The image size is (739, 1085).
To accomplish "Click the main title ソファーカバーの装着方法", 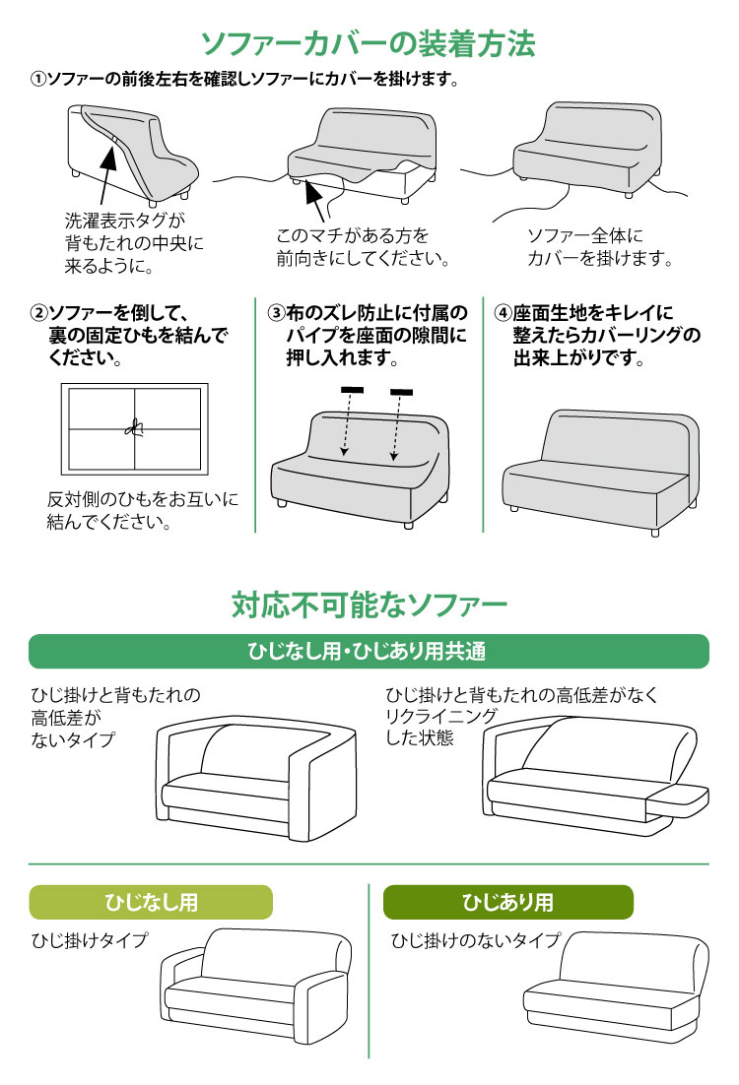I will click(x=369, y=43).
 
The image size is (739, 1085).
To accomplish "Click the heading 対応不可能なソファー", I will click(x=369, y=604).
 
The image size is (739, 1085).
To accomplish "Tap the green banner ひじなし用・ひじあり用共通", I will click(x=369, y=652).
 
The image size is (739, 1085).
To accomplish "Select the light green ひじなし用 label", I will click(x=151, y=902).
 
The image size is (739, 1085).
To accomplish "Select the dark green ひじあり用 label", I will click(x=507, y=902).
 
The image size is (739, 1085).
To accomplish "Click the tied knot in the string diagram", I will click(x=135, y=427).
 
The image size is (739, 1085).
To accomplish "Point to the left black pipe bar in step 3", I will click(x=353, y=392).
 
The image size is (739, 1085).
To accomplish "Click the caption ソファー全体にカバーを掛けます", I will click(x=599, y=248).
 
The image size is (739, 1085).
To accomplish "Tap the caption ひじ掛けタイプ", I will click(x=90, y=940).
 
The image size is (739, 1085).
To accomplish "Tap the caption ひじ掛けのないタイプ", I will click(x=475, y=940).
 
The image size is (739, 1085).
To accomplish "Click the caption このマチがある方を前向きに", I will click(x=362, y=248).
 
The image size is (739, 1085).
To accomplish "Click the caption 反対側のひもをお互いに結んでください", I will click(x=143, y=511).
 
